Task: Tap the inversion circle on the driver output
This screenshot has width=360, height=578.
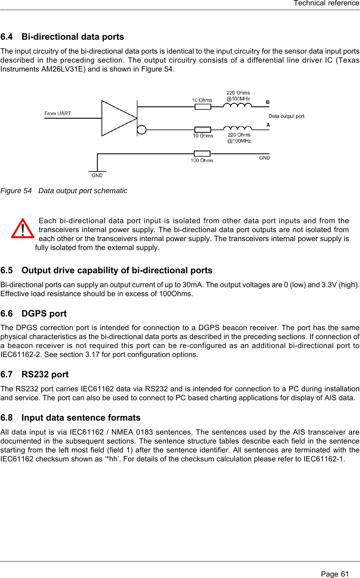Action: pyautogui.click(x=142, y=129)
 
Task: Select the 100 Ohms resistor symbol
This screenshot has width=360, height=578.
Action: pyautogui.click(x=202, y=154)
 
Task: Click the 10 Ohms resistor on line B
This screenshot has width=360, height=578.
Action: pyautogui.click(x=203, y=107)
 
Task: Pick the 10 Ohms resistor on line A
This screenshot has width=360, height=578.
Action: pyautogui.click(x=203, y=129)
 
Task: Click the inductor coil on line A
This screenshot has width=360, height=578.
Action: pyautogui.click(x=237, y=128)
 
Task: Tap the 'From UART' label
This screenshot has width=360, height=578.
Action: pyautogui.click(x=58, y=113)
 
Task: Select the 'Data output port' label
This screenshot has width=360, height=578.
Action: pyautogui.click(x=286, y=116)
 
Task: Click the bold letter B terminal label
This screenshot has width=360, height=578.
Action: pyautogui.click(x=268, y=102)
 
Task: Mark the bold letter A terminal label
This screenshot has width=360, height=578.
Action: pyautogui.click(x=268, y=125)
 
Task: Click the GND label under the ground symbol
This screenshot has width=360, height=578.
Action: pyautogui.click(x=97, y=176)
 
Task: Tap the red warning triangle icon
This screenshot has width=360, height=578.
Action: pyautogui.click(x=23, y=229)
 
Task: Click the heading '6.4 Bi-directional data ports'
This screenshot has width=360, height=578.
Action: pyautogui.click(x=62, y=37)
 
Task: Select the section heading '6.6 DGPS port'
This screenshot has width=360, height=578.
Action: pyautogui.click(x=34, y=314)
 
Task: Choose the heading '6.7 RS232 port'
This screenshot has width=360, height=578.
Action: pyautogui.click(x=34, y=374)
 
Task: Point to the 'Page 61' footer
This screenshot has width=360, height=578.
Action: pyautogui.click(x=335, y=574)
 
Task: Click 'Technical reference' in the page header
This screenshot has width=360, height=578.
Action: pyautogui.click(x=326, y=3)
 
